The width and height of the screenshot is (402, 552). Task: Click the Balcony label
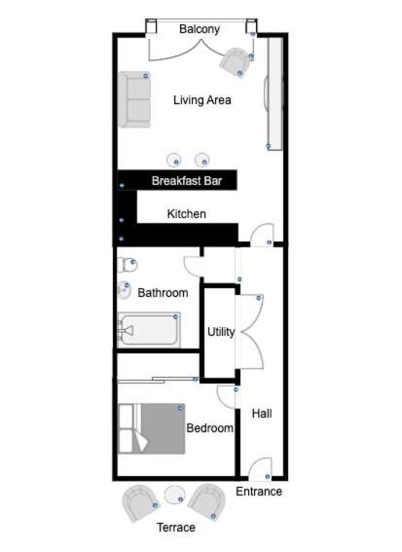[200, 29]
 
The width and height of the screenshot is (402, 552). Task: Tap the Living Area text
[202, 100]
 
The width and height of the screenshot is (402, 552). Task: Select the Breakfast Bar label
[187, 181]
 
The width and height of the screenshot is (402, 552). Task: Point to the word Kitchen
[186, 213]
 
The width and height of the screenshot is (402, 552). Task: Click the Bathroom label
[163, 292]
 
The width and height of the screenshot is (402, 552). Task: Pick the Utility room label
[221, 332]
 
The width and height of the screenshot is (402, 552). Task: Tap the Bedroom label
[209, 428]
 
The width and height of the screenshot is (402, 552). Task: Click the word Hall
[262, 414]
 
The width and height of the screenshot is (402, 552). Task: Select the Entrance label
[259, 492]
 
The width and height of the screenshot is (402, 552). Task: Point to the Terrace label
[175, 528]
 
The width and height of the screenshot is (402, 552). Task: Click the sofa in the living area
[134, 99]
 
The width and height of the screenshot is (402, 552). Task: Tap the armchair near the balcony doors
[234, 63]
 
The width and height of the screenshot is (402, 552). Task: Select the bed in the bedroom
[152, 428]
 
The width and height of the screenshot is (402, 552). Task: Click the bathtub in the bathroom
[149, 330]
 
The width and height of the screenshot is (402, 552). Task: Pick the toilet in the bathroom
[127, 265]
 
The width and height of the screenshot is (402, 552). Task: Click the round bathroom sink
[125, 290]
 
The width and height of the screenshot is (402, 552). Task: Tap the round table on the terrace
[174, 495]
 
